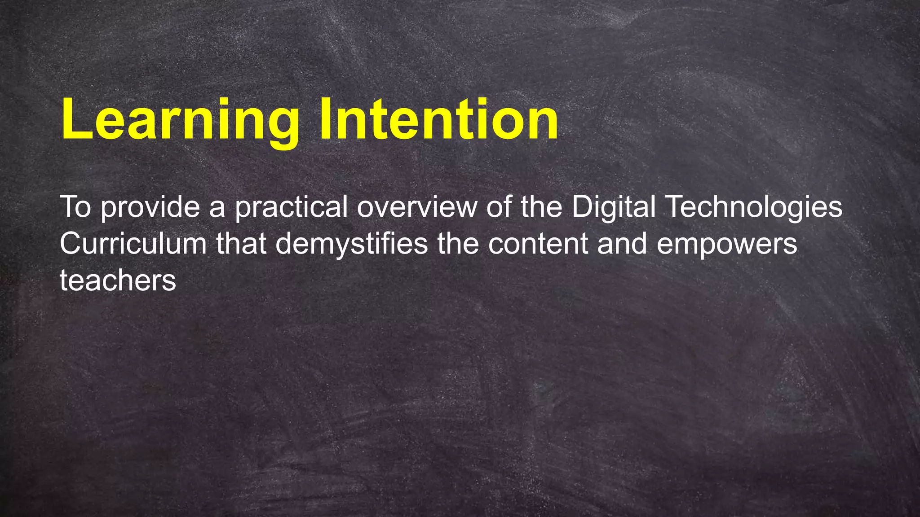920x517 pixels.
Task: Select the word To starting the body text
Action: pos(75,207)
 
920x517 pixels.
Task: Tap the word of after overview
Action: pos(499,207)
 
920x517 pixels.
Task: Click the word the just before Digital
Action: pos(541,207)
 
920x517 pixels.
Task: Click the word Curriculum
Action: pos(133,244)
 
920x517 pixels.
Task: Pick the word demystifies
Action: pos(351,245)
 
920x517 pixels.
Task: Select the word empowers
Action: pos(727,245)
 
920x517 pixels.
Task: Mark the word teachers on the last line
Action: pos(118,281)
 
